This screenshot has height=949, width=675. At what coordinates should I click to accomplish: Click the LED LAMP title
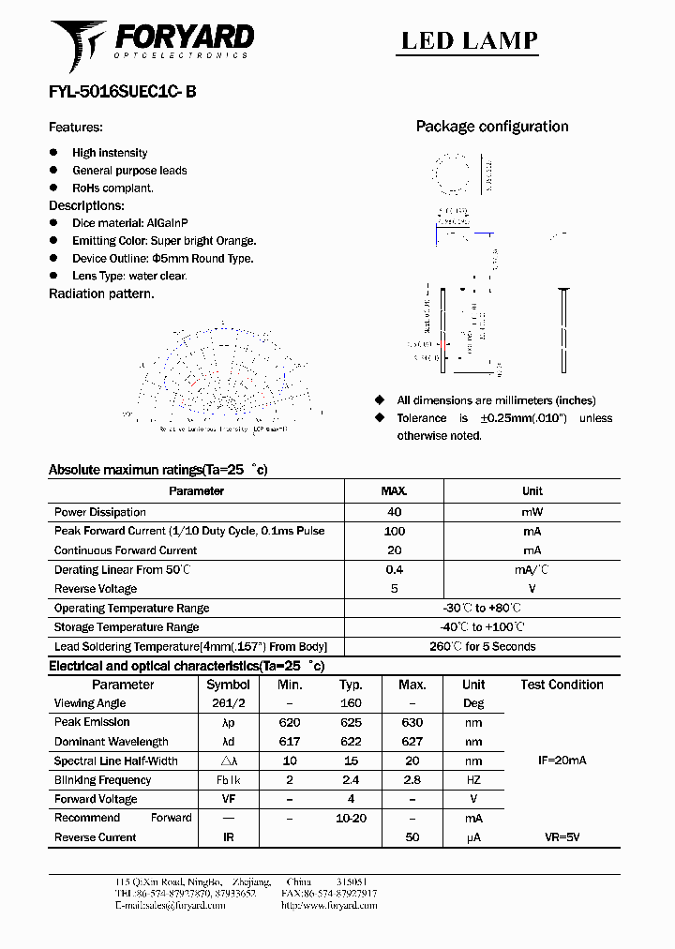[469, 40]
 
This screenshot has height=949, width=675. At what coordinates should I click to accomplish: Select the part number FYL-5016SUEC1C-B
[122, 92]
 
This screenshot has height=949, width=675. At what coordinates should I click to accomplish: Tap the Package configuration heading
[491, 127]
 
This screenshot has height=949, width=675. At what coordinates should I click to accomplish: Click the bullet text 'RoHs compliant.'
[112, 188]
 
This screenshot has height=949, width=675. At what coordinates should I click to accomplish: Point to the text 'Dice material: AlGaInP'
[129, 223]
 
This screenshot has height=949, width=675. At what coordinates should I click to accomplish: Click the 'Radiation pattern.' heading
[101, 294]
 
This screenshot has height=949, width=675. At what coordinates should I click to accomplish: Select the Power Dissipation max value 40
[394, 512]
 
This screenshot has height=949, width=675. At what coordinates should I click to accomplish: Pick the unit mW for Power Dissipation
[532, 512]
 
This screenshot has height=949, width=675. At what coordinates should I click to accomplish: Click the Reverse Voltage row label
[96, 589]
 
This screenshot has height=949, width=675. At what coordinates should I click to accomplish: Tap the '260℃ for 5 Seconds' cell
[482, 646]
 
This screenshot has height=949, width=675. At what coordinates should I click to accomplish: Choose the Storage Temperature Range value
[482, 627]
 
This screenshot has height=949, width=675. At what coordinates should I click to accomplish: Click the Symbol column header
[228, 685]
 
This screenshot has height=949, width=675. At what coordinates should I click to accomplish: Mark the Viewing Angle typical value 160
[350, 703]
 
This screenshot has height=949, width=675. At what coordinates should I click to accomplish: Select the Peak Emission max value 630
[412, 722]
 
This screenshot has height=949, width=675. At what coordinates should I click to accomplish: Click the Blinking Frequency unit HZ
[473, 780]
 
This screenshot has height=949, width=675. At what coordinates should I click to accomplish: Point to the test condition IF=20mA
[562, 761]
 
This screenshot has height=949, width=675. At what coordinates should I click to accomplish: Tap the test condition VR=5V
[562, 837]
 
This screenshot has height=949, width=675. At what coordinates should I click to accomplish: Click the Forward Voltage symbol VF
[228, 799]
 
